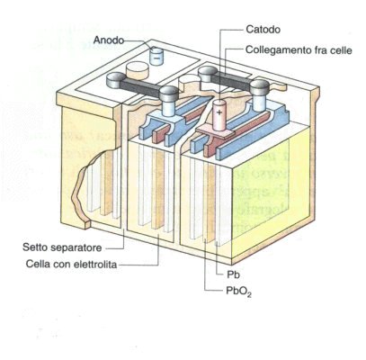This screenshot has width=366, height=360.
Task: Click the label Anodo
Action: tap(109, 40)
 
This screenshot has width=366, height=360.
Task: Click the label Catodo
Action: tap(263, 30)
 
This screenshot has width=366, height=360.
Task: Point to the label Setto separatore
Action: tap(62, 247)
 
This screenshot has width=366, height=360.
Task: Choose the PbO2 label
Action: tap(238, 291)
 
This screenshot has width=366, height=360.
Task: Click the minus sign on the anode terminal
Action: tap(156, 56)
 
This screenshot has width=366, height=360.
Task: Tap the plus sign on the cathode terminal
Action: tap(219, 112)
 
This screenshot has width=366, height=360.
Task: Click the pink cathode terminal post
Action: tap(219, 115)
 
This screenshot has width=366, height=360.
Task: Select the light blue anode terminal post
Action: tap(156, 55)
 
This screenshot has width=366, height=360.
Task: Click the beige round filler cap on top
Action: tap(138, 70)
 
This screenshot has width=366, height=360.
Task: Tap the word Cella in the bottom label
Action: tap(37, 265)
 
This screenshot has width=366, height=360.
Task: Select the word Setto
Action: tap(35, 247)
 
